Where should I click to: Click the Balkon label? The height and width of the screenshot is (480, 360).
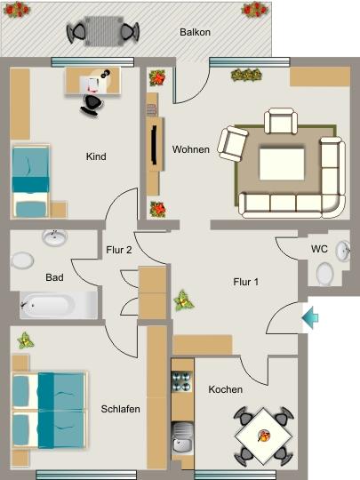click(195, 31)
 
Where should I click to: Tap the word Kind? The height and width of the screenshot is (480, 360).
click(96, 157)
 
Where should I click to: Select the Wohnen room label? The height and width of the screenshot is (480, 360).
click(191, 149)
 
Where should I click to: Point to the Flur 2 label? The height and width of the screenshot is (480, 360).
click(118, 251)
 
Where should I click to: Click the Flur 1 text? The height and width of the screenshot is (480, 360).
click(245, 283)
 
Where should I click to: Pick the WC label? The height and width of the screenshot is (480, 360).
click(319, 249)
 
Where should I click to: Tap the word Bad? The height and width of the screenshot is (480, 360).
click(54, 278)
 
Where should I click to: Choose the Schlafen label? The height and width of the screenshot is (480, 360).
click(120, 408)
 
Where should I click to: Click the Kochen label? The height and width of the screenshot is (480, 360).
click(226, 389)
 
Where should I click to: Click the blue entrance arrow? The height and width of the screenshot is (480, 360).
click(310, 315)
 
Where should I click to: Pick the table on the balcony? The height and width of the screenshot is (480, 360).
click(103, 33)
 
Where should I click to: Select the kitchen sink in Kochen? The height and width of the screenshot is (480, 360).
click(182, 439)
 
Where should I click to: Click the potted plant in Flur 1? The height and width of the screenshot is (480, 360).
click(185, 300)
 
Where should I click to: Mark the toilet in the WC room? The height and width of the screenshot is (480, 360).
click(325, 273)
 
